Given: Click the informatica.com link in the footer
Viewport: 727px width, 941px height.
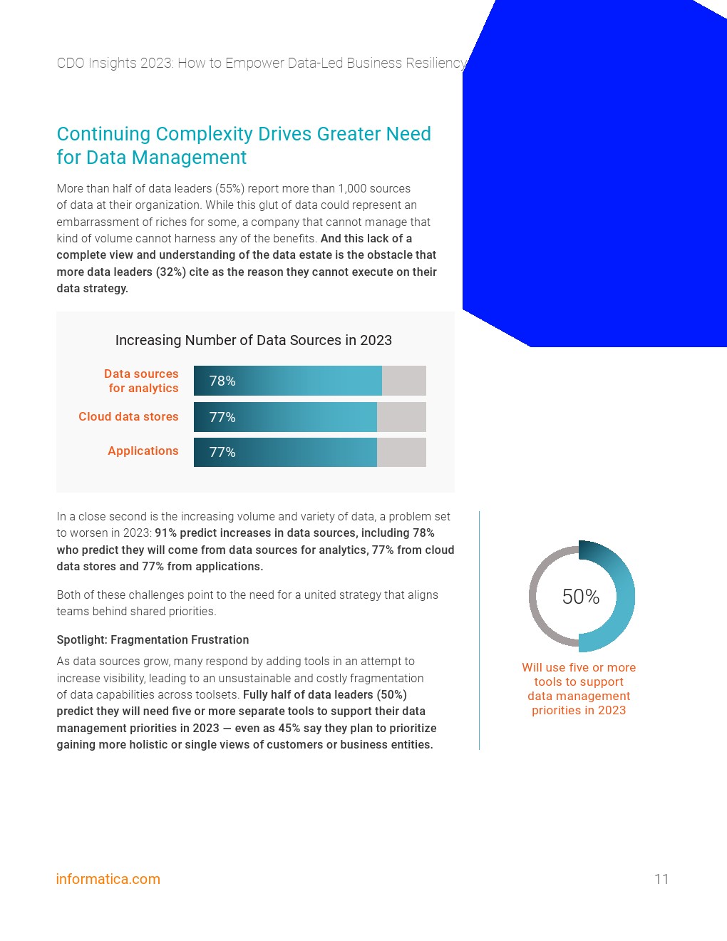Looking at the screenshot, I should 108,879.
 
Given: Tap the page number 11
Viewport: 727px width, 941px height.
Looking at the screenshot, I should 661,879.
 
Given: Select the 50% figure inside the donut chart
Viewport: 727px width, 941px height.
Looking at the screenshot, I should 581,597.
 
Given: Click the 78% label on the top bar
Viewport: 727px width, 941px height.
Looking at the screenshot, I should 222,381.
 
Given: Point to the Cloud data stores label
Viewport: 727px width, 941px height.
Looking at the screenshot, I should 128,417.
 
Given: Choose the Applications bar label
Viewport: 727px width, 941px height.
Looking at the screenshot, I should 143,451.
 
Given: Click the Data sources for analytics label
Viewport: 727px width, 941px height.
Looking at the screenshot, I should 142,381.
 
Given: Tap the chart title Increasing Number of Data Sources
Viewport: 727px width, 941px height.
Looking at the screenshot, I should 254,341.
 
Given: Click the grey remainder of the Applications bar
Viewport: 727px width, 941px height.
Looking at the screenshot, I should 401,453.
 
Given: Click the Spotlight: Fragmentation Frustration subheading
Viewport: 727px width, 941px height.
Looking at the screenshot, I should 153,640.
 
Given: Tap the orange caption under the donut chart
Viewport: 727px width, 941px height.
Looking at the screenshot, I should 579,689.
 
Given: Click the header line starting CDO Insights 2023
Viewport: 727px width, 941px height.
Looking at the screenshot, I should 261,63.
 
